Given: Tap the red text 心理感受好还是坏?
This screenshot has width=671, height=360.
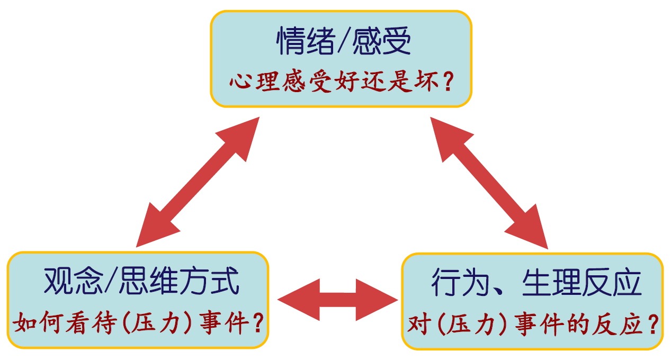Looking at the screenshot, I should [341, 84].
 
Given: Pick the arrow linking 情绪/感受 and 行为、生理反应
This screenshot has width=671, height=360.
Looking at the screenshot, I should [489, 183].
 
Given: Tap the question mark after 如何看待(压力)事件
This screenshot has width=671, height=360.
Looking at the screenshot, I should [258, 323].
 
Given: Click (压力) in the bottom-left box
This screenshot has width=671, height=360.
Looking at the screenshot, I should [154, 323].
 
